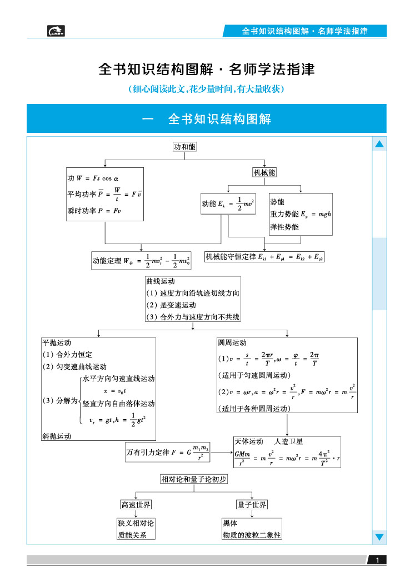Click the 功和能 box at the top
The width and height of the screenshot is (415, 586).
(x=185, y=147)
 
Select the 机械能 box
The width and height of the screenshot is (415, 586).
(x=264, y=172)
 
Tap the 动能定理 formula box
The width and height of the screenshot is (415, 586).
(x=143, y=260)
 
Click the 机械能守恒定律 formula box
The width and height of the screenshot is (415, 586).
(x=264, y=257)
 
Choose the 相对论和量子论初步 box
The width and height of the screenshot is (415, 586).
(x=193, y=479)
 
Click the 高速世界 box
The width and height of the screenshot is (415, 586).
(x=136, y=505)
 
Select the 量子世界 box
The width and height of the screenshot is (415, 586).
(x=252, y=505)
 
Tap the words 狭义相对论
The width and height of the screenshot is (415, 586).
(x=136, y=523)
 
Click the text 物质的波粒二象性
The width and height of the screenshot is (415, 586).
(x=252, y=535)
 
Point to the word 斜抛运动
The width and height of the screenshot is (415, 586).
(x=57, y=436)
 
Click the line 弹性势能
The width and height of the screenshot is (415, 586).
(x=284, y=227)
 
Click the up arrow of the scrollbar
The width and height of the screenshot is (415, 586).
(x=379, y=145)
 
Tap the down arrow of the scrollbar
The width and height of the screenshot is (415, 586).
(x=379, y=537)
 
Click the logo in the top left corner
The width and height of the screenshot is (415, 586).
(x=56, y=31)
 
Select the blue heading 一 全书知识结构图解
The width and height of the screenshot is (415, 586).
(x=206, y=119)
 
